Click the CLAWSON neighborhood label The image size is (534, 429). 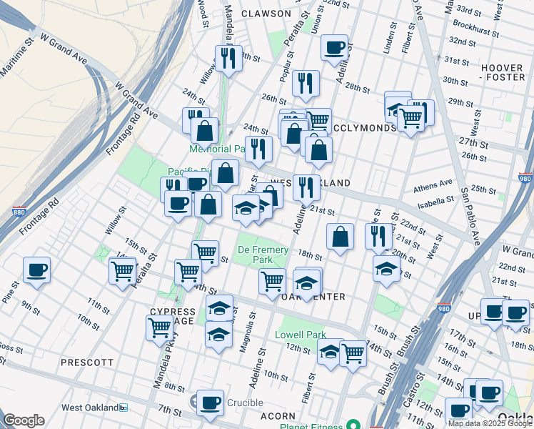coord(266,14)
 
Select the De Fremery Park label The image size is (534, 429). coord(263,255)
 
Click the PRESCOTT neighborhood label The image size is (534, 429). coord(87,363)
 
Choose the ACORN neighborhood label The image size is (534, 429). coord(278,415)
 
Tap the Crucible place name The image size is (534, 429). coord(246,403)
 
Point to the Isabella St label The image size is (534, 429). coord(434,201)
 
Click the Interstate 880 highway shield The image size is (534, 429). coord(19,212)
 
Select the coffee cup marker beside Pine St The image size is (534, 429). coord(36,271)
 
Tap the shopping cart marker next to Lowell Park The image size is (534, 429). coord(353,353)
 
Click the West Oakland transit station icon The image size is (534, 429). coord(123,408)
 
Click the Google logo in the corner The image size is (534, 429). coord(24,420)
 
